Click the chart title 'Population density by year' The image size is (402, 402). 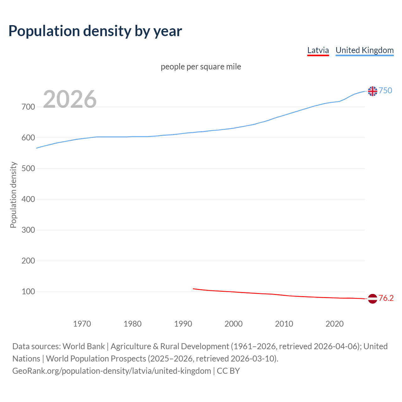tap(95, 31)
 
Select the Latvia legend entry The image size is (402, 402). tap(318, 50)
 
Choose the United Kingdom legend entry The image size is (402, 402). tap(364, 50)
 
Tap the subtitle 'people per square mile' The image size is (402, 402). tap(201, 67)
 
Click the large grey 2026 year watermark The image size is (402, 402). tap(70, 99)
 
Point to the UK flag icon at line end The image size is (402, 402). tap(372, 91)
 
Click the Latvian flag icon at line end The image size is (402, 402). tap(372, 299)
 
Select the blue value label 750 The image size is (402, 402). tap(385, 90)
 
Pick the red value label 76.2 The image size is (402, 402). tap(386, 298)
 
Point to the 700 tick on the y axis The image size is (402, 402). tap(28, 107)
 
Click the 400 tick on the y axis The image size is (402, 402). tap(28, 199)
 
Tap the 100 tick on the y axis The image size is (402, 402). tap(28, 291)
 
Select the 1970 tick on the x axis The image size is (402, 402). tap(82, 324)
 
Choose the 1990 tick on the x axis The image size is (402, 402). tap(183, 324)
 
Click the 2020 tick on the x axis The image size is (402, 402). tap(334, 324)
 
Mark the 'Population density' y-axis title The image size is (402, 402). tap(13, 195)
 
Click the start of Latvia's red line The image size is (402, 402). tap(193, 289)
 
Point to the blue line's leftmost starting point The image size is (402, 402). tap(37, 148)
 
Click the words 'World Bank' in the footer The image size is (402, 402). tap(84, 346)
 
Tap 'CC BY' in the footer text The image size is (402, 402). tap(228, 371)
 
